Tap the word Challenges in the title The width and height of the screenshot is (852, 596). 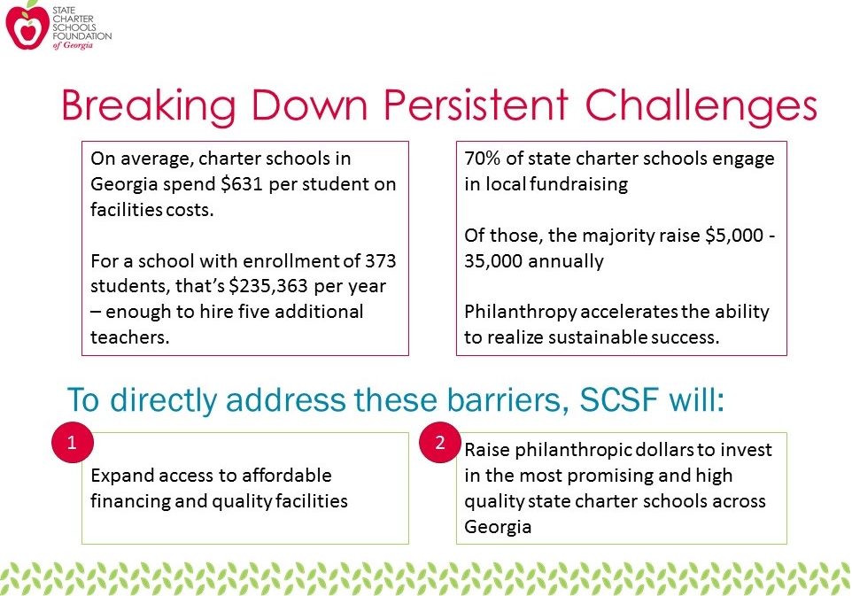click(701, 107)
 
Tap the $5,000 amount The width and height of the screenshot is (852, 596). click(734, 236)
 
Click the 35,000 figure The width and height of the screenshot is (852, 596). click(493, 261)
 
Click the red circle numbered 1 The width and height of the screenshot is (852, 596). click(73, 442)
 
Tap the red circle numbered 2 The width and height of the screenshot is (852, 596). click(440, 442)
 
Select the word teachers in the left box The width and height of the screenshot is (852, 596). click(129, 337)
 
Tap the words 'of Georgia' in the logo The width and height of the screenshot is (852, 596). click(73, 46)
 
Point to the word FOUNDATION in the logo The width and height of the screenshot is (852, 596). click(82, 35)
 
